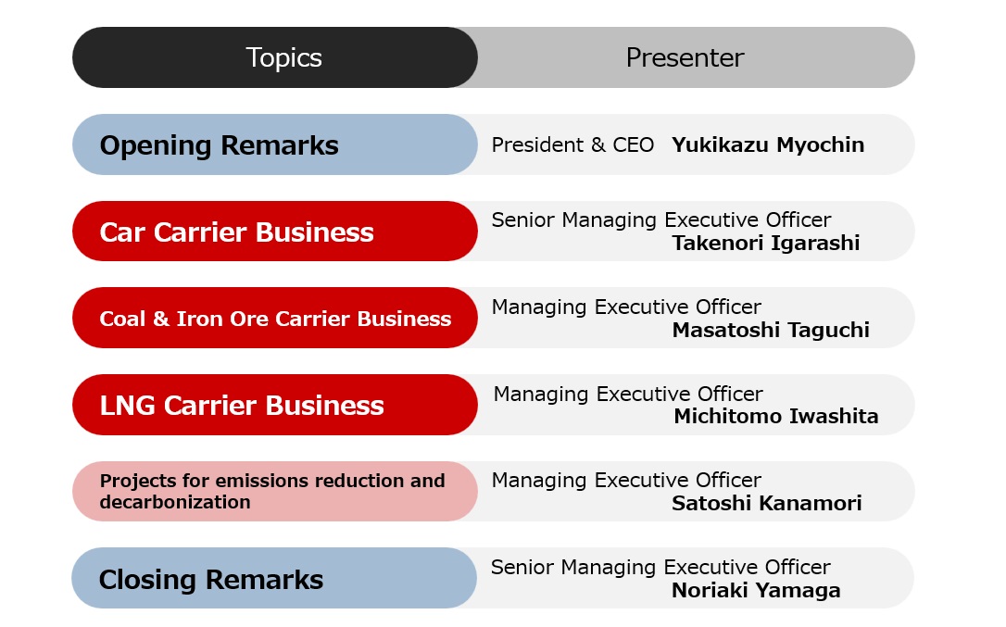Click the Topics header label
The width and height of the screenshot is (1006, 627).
click(x=283, y=57)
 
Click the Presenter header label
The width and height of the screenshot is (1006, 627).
click(x=685, y=57)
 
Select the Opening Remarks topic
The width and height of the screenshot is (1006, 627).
click(x=219, y=145)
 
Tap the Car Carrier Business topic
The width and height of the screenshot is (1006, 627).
click(x=236, y=232)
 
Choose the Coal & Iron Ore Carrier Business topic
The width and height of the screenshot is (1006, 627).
click(x=275, y=319)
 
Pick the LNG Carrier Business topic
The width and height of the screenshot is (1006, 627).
click(x=241, y=406)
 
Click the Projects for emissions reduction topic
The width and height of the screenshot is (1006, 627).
click(x=272, y=491)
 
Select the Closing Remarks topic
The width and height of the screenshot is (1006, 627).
click(x=210, y=580)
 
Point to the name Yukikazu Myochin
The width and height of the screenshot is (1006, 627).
click(x=767, y=145)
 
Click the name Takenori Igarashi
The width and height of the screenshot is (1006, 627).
click(x=765, y=244)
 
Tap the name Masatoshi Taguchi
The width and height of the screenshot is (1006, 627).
click(x=771, y=330)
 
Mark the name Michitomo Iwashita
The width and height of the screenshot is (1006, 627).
click(x=775, y=417)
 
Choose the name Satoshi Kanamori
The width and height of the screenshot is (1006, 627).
click(x=767, y=503)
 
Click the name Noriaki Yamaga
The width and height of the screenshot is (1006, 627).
click(x=756, y=591)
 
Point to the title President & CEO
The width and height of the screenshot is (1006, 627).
click(x=572, y=145)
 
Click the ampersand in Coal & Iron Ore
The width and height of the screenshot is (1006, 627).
click(x=161, y=319)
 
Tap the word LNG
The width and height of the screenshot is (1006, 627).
click(x=127, y=406)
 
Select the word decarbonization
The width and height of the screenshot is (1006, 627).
click(x=174, y=502)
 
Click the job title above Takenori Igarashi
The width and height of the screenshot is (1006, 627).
click(x=660, y=220)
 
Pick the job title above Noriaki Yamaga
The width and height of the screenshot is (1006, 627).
click(x=660, y=568)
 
